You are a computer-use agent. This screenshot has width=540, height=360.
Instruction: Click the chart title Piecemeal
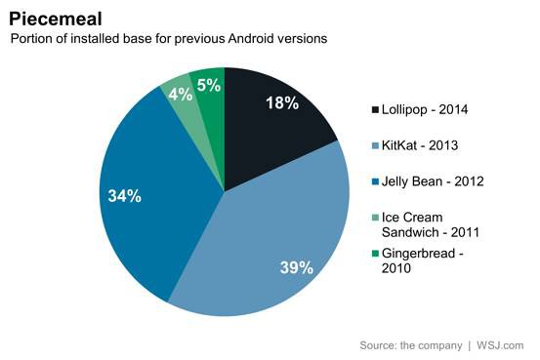click(56, 19)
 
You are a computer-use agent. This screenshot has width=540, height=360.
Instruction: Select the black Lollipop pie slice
click(272, 131)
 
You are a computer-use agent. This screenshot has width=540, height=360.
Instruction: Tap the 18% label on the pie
click(282, 102)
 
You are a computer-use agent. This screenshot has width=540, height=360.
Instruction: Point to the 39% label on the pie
click(297, 267)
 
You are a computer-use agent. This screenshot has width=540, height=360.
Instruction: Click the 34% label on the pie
click(125, 196)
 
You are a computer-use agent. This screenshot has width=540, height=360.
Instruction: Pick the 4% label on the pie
click(180, 94)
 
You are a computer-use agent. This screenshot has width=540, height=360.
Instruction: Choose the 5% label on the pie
click(209, 85)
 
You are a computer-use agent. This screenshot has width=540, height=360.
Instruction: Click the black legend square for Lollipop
click(375, 110)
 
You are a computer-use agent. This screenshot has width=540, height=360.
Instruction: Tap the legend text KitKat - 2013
click(420, 145)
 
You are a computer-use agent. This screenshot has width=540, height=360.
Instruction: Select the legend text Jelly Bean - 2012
click(433, 181)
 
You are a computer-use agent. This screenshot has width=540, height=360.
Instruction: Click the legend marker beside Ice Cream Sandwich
click(375, 218)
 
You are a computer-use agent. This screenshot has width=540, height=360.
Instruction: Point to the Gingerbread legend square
click(375, 254)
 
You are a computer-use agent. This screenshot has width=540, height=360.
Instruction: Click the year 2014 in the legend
click(453, 110)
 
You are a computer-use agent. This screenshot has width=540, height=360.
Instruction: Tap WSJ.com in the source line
click(500, 345)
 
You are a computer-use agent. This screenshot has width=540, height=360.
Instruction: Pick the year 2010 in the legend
click(396, 268)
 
